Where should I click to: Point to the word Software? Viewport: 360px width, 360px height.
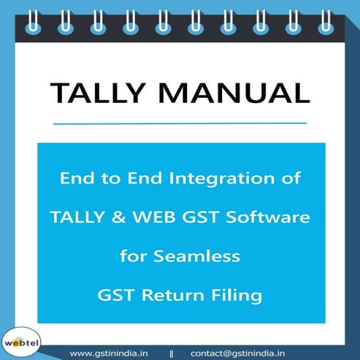point(275,217)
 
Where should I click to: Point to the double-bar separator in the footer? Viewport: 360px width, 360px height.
point(172,352)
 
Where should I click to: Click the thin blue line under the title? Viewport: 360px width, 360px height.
point(180,123)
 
